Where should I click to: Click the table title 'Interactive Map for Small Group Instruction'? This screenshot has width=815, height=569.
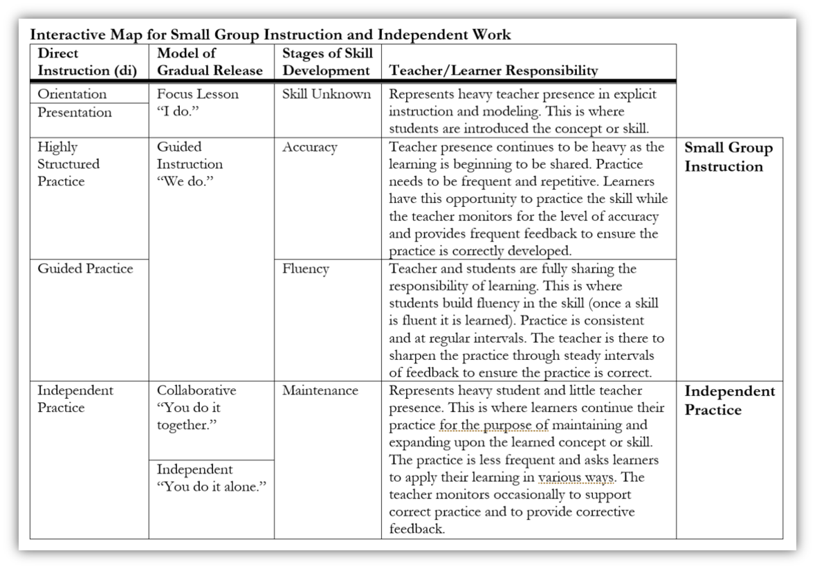[x=271, y=35]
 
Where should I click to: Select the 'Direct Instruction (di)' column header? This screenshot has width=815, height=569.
[x=87, y=62]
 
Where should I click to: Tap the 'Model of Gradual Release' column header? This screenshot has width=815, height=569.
[x=210, y=62]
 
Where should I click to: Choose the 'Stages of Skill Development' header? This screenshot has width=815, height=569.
[x=327, y=62]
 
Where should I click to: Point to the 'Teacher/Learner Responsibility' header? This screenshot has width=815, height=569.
[x=494, y=70]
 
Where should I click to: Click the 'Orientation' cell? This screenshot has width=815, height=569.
[x=72, y=94]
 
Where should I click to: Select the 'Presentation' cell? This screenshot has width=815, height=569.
[x=74, y=112]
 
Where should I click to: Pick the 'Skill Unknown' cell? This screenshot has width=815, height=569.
[x=327, y=94]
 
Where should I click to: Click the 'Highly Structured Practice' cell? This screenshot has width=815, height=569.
[x=68, y=164]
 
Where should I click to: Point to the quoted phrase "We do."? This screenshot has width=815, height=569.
[x=184, y=181]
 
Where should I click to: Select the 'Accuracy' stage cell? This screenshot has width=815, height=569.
[x=310, y=147]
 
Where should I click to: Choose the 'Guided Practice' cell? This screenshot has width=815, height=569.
[x=85, y=269]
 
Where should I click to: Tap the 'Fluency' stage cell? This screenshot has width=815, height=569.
[x=306, y=269]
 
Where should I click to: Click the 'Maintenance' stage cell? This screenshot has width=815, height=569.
[x=320, y=390]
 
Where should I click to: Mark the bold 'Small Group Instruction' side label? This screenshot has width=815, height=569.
[x=729, y=157]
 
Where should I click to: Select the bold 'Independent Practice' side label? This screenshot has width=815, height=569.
[x=730, y=400]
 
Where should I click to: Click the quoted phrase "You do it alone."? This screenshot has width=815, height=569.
[x=212, y=487]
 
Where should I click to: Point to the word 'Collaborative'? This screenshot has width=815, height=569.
[x=196, y=390]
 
